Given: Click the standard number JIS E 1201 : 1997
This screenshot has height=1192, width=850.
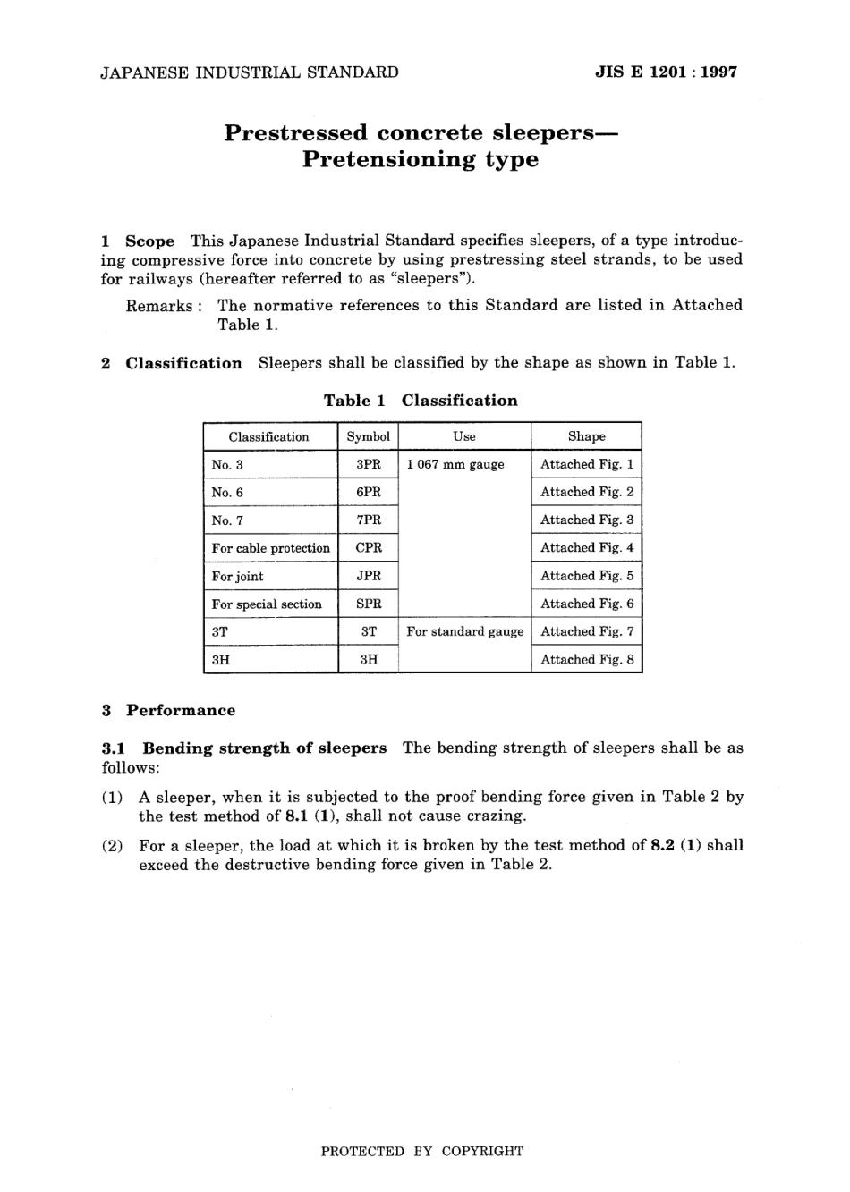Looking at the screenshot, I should tap(666, 72).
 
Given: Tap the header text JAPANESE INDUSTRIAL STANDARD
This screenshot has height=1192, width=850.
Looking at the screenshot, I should tap(250, 72).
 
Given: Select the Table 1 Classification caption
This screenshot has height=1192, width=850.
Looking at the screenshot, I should tap(421, 401).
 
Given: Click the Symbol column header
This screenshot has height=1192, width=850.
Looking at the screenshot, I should tap(369, 436).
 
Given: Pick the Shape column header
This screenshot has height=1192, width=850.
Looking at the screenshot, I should tap(586, 436).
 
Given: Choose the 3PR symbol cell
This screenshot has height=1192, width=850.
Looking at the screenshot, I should tap(369, 464).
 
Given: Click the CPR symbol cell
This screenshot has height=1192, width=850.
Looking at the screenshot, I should tap(369, 547).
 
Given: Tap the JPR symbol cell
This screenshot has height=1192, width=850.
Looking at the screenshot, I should tap(369, 576).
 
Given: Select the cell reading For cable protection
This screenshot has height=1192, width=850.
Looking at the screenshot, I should tap(270, 548).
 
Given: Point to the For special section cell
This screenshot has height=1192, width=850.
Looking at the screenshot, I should tap(267, 604).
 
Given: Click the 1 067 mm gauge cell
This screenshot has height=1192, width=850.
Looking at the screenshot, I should tap(455, 464).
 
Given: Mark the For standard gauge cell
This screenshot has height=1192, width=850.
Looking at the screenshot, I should tap(464, 631).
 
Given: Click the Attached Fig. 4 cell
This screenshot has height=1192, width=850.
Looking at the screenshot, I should tap(587, 547).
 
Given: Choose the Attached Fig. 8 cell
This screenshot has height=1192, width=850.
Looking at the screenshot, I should tap(587, 659).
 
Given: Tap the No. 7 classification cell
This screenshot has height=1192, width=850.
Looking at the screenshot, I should tap(227, 520).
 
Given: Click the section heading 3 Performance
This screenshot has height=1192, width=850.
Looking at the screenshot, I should tap(169, 711).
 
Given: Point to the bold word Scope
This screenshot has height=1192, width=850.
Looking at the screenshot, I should tap(149, 241).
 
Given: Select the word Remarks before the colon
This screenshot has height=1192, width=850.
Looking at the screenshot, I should tap(158, 306).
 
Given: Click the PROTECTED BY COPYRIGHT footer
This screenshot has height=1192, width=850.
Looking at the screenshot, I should tap(422, 1151).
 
